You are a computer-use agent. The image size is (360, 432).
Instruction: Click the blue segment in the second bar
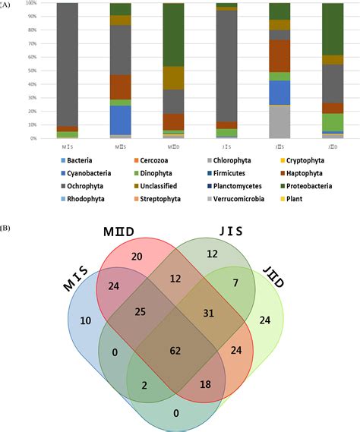tap(98, 120)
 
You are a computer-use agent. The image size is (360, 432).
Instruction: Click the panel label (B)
tap(6, 227)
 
